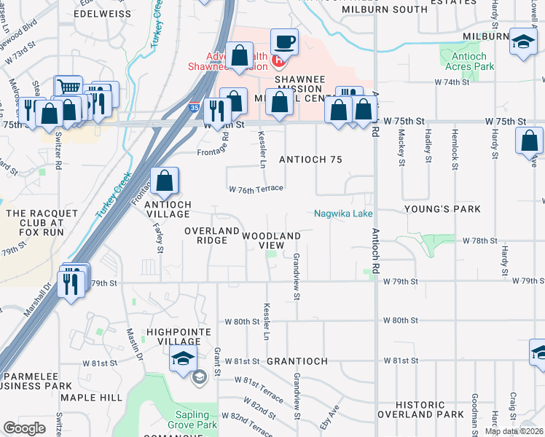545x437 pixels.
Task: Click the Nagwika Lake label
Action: coord(343,213)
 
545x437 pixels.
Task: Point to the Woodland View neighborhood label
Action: coord(272,240)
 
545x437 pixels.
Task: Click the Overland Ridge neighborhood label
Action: coord(212,235)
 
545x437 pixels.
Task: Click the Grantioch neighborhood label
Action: coord(294,361)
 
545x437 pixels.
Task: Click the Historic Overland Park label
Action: coord(430,409)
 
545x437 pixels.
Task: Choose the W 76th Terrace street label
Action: coord(255,189)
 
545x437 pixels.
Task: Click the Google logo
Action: coord(25,428)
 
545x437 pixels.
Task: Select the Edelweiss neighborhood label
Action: coord(101,13)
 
